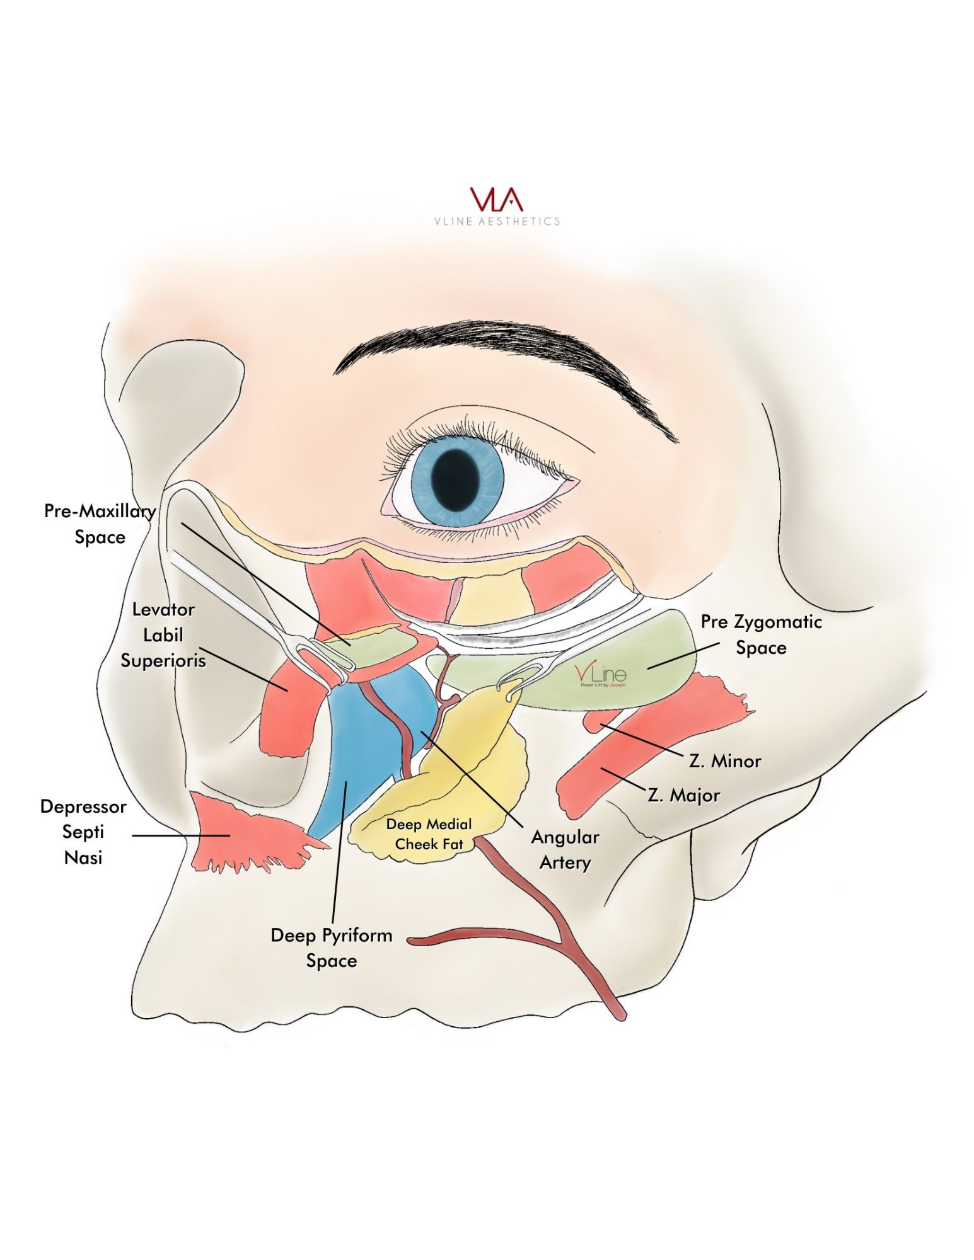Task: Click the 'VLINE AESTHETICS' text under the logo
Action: click(497, 221)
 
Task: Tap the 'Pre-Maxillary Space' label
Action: click(100, 524)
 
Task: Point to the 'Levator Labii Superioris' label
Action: click(163, 634)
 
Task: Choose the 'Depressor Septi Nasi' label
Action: click(83, 832)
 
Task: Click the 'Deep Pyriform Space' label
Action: click(332, 948)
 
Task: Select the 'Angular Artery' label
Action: click(565, 849)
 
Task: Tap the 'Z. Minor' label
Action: click(725, 761)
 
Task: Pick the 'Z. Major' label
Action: click(683, 795)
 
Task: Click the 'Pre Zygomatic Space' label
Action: click(761, 634)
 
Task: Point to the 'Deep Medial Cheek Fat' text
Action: click(429, 833)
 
